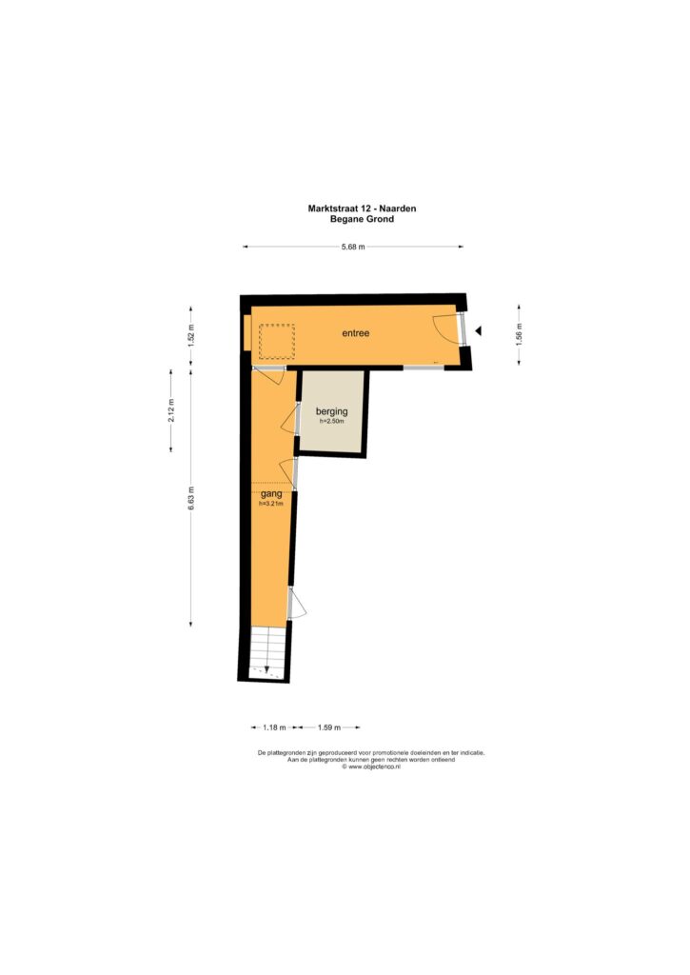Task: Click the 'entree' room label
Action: [356, 333]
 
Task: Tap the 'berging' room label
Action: [332, 411]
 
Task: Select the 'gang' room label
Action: [271, 494]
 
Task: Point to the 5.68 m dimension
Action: [353, 247]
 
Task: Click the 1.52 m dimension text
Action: [191, 336]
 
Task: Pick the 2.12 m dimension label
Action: [171, 410]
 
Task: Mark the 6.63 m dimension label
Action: [191, 499]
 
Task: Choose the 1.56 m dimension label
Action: [520, 334]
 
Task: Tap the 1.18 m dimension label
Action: [274, 727]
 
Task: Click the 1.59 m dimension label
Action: [329, 727]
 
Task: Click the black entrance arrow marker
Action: [478, 331]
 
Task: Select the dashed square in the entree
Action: [277, 342]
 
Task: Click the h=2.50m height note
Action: [332, 421]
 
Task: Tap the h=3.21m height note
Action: [271, 504]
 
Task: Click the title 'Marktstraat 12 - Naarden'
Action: [362, 209]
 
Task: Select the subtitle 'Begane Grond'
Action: [362, 219]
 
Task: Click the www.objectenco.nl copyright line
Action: [371, 766]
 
